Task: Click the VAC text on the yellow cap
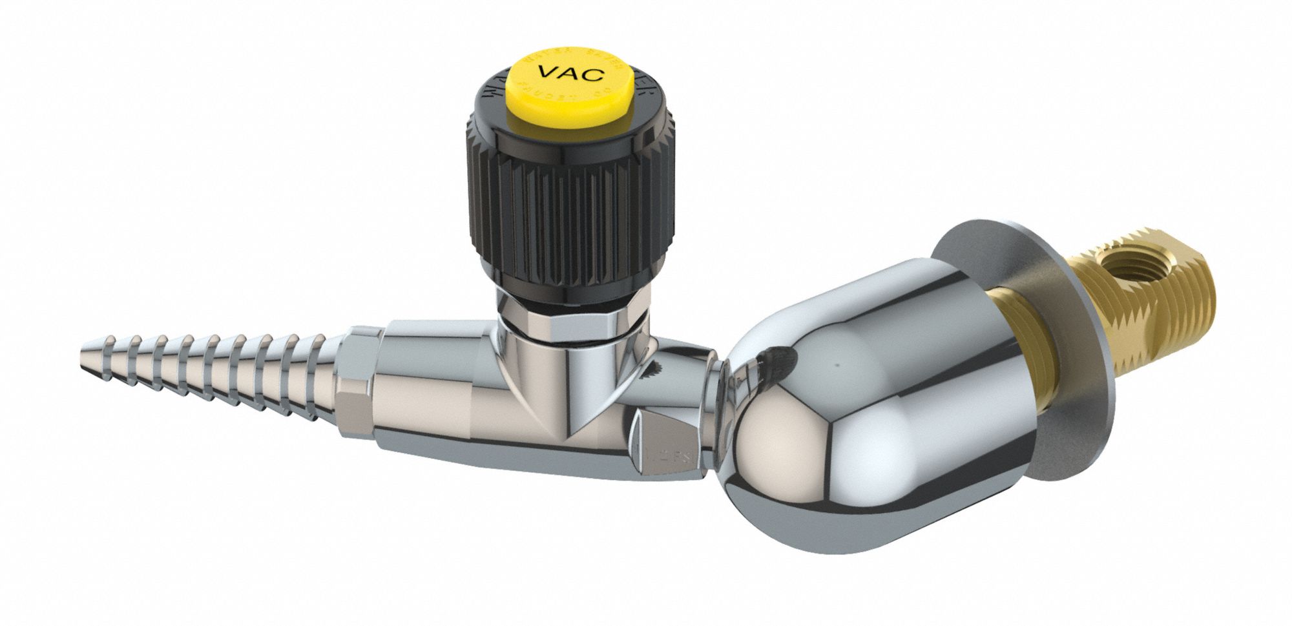coord(571,72)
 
